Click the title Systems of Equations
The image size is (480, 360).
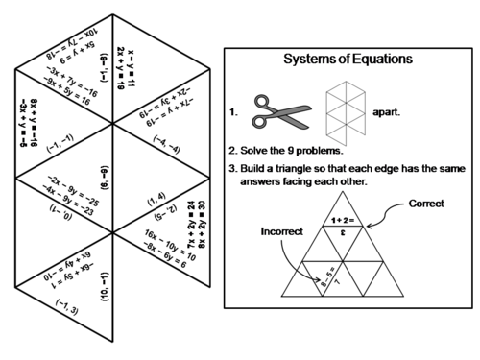coord(348,60)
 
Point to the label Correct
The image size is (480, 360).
coord(425,204)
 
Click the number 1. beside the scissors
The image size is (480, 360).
coord(234,111)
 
